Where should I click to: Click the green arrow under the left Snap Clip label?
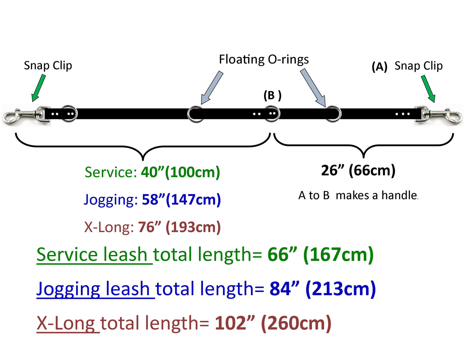point(39,88)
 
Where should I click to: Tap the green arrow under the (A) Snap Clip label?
point(428,89)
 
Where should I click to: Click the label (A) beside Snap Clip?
point(380,67)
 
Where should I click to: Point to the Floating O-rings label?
point(264,59)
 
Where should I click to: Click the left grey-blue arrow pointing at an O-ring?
point(212,87)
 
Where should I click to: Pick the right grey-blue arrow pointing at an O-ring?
point(313,88)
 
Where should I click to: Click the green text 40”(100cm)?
point(180,172)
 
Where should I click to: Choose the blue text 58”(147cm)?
point(182,200)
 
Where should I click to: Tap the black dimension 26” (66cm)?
point(358,171)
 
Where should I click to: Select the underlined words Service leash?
point(94,255)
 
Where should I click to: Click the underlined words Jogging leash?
point(96,289)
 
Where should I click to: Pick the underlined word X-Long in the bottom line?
point(68,324)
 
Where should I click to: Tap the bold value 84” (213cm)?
point(322,289)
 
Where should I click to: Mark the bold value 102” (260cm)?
point(273,323)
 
